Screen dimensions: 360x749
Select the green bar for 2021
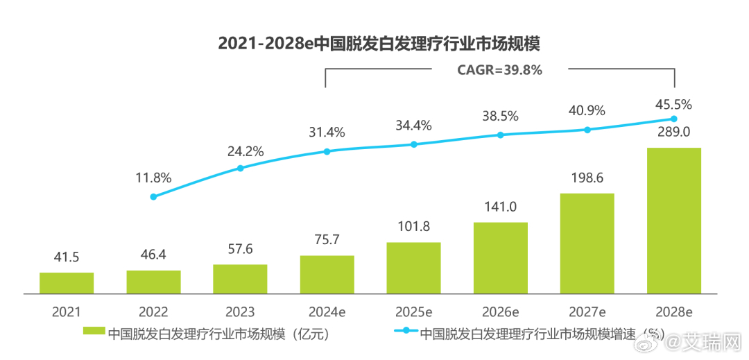[x=67, y=283]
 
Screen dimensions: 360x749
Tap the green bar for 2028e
[x=673, y=221]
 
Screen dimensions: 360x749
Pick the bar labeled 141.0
[x=500, y=258]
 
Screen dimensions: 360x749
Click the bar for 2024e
[x=327, y=275]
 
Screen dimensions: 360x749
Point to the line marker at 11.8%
[x=153, y=196]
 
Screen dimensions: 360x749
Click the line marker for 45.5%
[x=673, y=119]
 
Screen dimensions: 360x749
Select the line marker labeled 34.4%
[x=413, y=144]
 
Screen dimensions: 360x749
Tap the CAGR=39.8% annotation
[x=499, y=69]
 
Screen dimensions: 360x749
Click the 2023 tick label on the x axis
[x=240, y=312]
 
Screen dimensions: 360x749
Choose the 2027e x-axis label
[x=587, y=312]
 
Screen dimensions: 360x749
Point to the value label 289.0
[x=673, y=132]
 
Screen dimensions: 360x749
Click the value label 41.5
[x=67, y=257]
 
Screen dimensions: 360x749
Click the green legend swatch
[x=94, y=333]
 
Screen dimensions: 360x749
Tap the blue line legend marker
[x=406, y=333]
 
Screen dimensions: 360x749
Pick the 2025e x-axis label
[x=413, y=312]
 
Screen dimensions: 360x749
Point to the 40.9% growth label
[x=587, y=111]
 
